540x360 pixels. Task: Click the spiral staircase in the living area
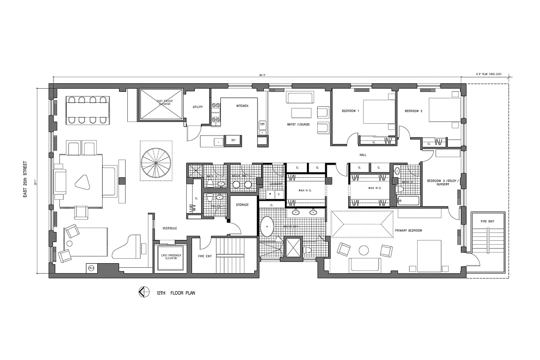click(x=156, y=161)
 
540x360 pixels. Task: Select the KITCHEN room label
click(x=243, y=106)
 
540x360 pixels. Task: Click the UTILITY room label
click(x=198, y=107)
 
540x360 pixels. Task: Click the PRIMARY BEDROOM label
click(x=408, y=230)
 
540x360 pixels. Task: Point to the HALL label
click(x=363, y=155)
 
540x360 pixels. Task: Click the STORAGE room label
click(x=242, y=205)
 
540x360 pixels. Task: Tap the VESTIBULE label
click(x=170, y=229)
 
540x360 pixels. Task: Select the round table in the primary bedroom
click(x=364, y=250)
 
